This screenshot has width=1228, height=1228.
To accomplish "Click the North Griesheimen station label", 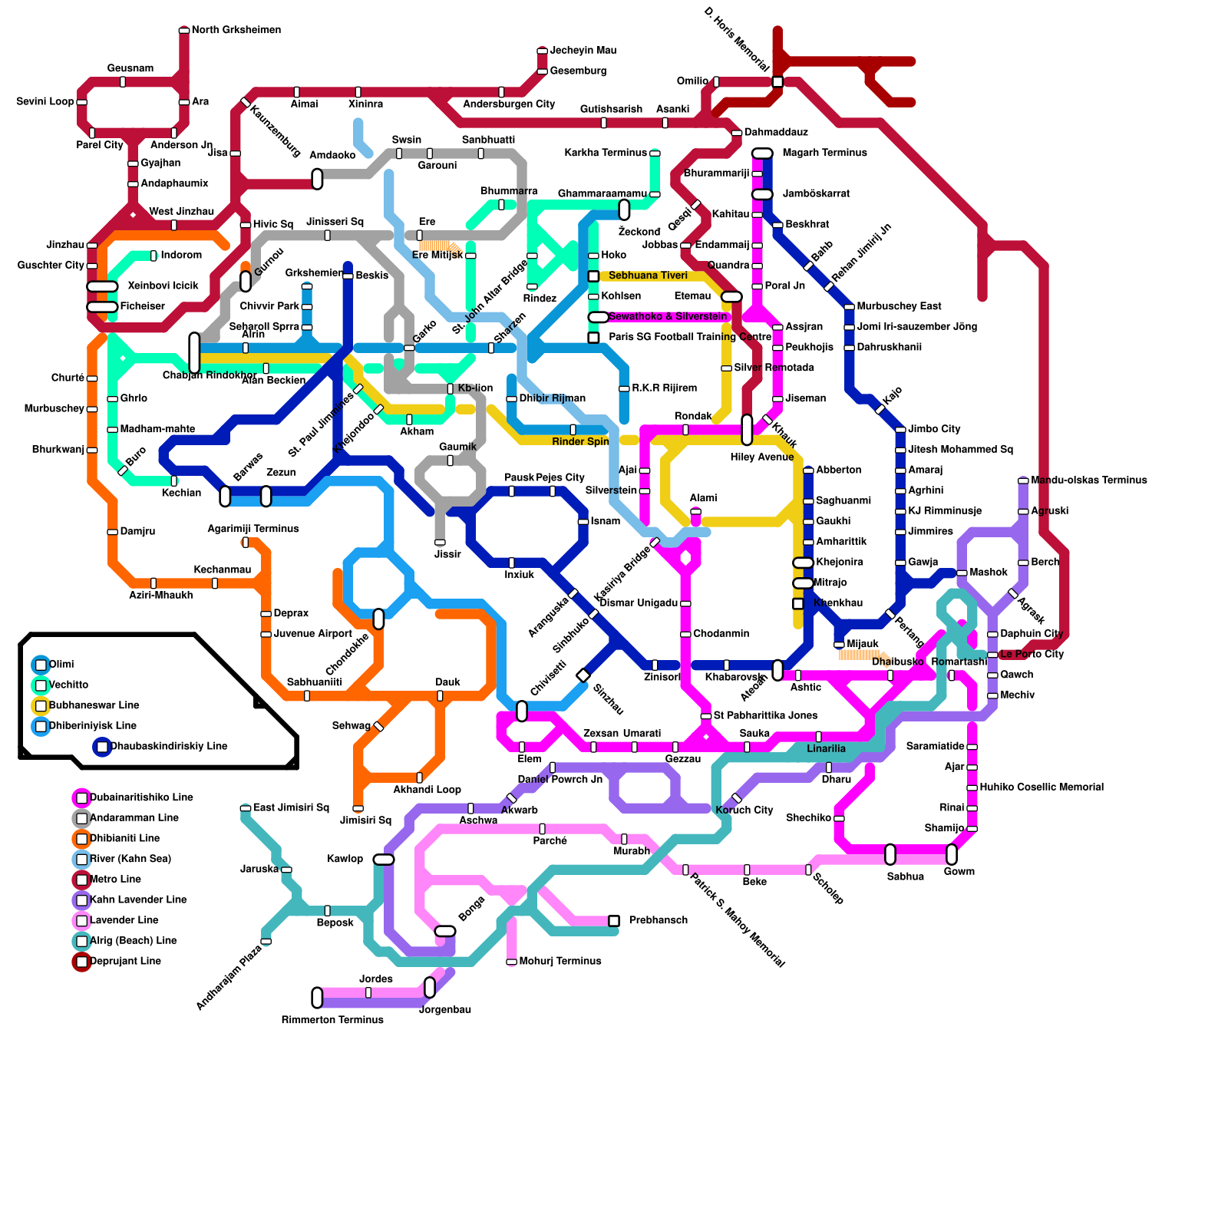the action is coord(236,30).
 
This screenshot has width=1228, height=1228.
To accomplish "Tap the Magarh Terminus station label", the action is coord(824,153).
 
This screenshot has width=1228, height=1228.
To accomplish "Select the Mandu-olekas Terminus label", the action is coord(1088,480).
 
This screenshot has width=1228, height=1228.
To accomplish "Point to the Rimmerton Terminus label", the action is coord(332,1020).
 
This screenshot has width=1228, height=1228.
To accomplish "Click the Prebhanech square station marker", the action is coord(614,920).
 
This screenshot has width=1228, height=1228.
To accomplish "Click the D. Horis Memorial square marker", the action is coord(777,82).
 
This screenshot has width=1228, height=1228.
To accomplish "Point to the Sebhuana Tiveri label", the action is coord(648,276).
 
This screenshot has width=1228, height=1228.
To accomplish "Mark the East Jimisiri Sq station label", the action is coord(291,807).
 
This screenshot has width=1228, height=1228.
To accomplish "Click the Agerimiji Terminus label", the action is coord(253,529).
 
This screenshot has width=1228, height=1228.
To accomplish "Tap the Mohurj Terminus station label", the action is coord(560,961).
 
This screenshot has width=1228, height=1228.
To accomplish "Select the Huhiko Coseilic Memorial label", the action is coord(1041,787).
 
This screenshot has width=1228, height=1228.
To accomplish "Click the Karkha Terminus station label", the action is coord(605,153).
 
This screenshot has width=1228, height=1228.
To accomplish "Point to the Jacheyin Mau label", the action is coord(583,51).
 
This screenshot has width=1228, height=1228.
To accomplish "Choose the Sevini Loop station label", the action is coord(45,101).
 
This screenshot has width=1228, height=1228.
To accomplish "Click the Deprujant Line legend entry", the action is coord(125,961).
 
